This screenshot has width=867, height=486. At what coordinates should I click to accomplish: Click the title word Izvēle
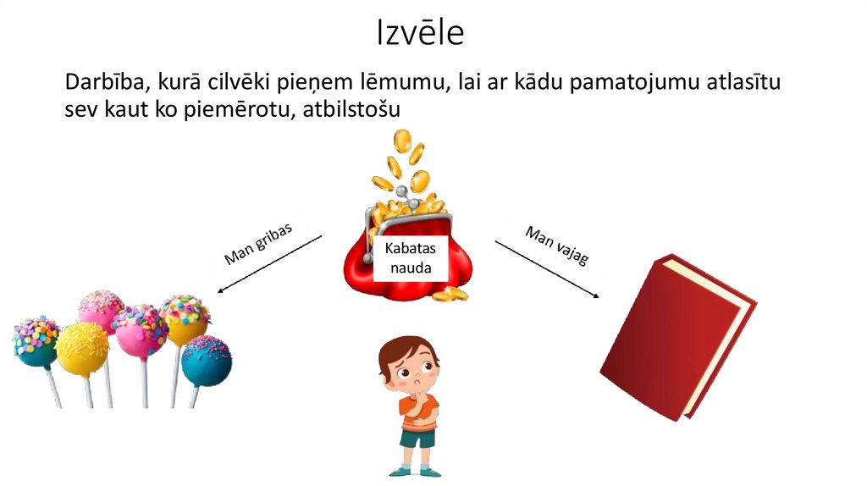pyautogui.click(x=421, y=33)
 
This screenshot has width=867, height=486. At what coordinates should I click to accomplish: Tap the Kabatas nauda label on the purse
pyautogui.click(x=409, y=258)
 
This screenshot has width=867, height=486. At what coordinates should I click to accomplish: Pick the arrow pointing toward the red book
pyautogui.click(x=547, y=268)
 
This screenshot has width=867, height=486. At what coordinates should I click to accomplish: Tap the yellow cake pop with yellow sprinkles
pyautogui.click(x=82, y=349)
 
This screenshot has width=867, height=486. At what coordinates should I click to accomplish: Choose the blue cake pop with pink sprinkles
pyautogui.click(x=207, y=360)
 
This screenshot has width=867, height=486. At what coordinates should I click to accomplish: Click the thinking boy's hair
pyautogui.click(x=406, y=349)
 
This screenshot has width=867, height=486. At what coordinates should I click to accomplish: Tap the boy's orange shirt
pyautogui.click(x=417, y=412)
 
